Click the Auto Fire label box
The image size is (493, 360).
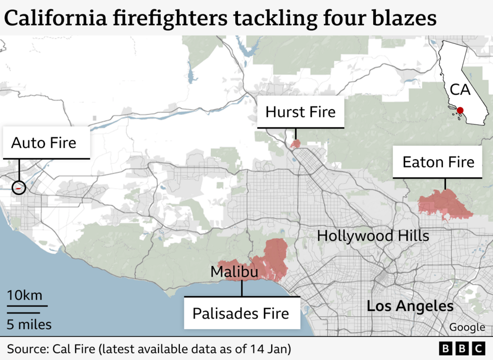pyautogui.click(x=44, y=143)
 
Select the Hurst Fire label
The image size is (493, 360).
pyautogui.click(x=301, y=112)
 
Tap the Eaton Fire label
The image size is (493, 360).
pyautogui.click(x=438, y=162)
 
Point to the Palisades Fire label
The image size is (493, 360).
pyautogui.click(x=241, y=313)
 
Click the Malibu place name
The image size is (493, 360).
pyautogui.click(x=234, y=272)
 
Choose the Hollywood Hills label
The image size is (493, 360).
pyautogui.click(x=373, y=236)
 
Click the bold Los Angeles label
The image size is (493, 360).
pyautogui.click(x=410, y=306)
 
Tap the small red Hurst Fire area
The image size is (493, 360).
pyautogui.click(x=295, y=144)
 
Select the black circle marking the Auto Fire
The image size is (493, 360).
pyautogui.click(x=19, y=188)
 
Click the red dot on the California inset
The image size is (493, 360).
pyautogui.click(x=460, y=111)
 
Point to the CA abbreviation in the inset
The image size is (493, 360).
pyautogui.click(x=460, y=90)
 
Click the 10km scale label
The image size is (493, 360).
pyautogui.click(x=25, y=295)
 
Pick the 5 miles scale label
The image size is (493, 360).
pyautogui.click(x=29, y=324)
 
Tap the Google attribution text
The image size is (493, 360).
pyautogui.click(x=467, y=327)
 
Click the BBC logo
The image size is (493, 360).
pyautogui.click(x=461, y=349)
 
